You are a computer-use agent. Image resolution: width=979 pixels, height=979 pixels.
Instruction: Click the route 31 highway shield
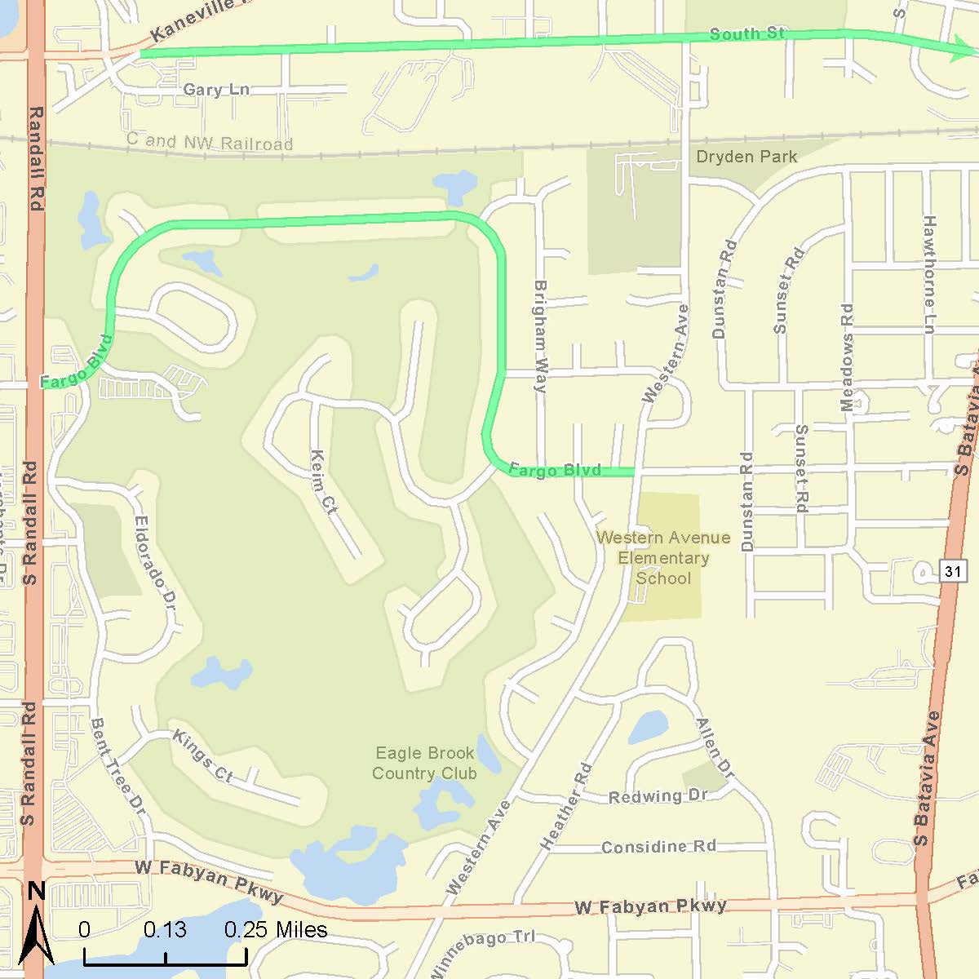[952, 571]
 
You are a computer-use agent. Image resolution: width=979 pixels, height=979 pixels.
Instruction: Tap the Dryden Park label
[746, 157]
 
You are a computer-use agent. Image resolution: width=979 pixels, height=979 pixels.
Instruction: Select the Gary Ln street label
[216, 90]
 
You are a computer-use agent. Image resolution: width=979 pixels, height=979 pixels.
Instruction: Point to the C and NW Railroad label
[210, 142]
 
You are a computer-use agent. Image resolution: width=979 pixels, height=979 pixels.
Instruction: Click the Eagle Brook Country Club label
[424, 763]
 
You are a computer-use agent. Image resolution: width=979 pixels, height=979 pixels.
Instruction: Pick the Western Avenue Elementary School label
[663, 558]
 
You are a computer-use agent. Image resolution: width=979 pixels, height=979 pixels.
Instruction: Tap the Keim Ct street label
[323, 483]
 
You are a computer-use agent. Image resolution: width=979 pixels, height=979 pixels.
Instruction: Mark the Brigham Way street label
[539, 337]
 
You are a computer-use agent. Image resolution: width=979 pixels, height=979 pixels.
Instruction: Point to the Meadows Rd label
[847, 357]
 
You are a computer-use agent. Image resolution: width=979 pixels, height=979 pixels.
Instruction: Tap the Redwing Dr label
[658, 795]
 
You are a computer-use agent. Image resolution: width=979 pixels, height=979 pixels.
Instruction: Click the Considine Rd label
[658, 847]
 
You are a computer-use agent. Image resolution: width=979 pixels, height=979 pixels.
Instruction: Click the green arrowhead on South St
[966, 51]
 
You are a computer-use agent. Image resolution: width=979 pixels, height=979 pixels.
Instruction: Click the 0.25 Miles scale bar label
[276, 930]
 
